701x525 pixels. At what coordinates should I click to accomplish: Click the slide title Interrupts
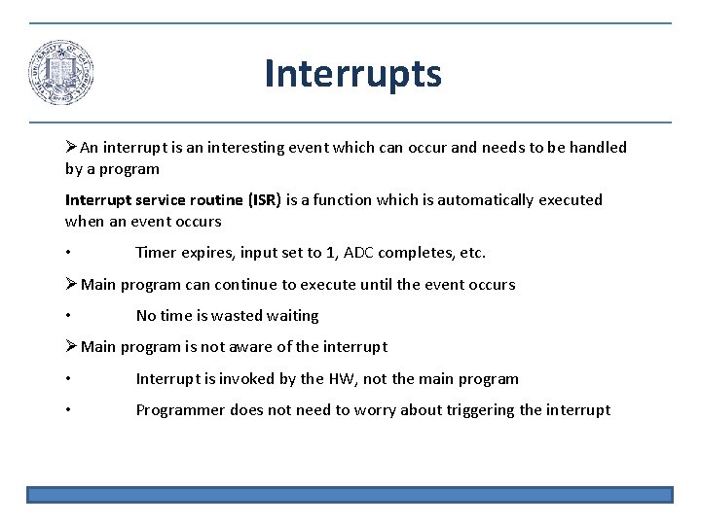(x=352, y=74)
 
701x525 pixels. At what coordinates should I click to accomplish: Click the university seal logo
(x=60, y=74)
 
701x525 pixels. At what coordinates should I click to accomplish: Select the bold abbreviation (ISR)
(x=264, y=200)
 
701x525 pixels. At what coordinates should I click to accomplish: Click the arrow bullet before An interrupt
(x=71, y=148)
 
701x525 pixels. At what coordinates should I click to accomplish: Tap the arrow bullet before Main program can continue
(x=71, y=285)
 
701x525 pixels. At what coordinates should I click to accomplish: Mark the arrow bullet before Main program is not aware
(x=71, y=347)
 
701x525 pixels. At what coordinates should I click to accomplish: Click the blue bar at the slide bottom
(x=350, y=495)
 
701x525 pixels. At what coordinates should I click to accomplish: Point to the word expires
(x=208, y=253)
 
